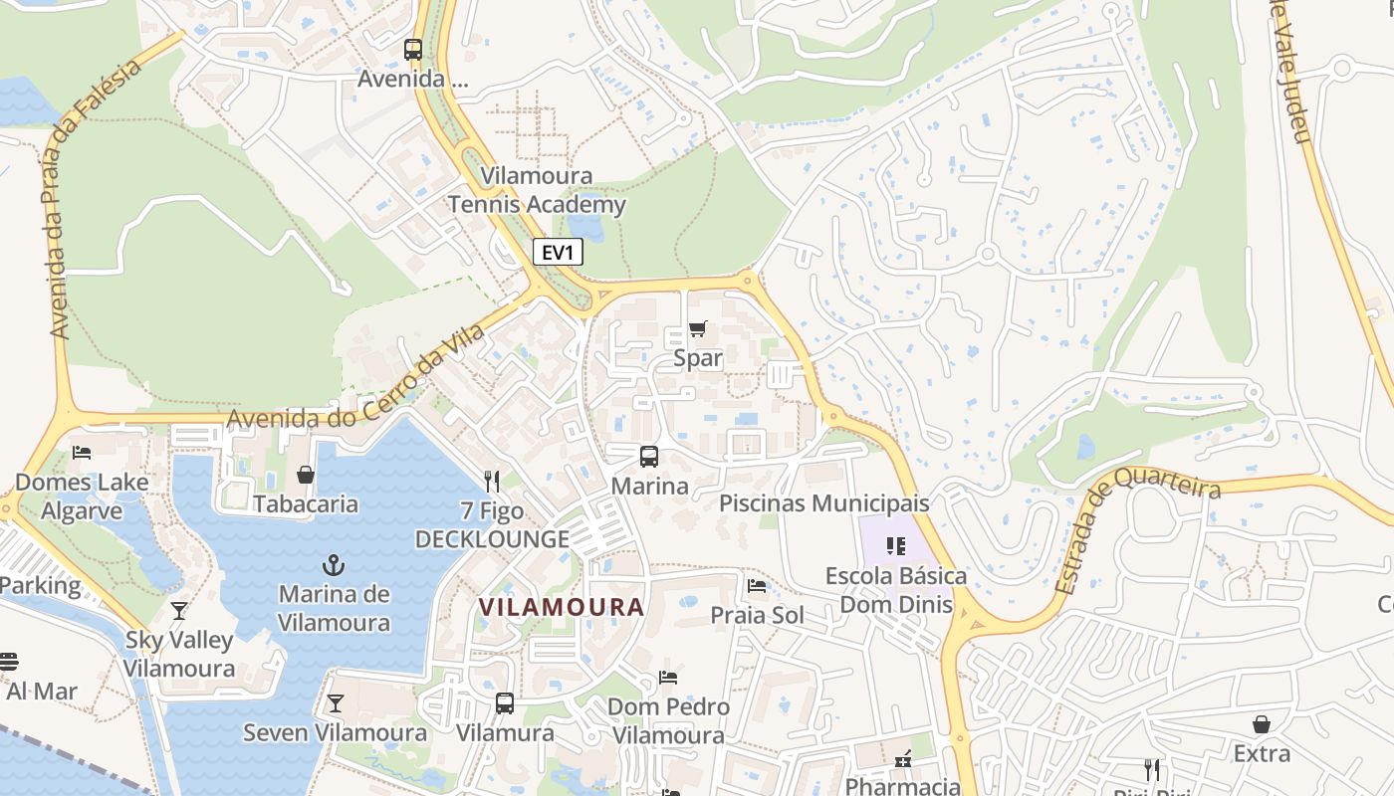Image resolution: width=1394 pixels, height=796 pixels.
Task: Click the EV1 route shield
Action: click(x=558, y=253)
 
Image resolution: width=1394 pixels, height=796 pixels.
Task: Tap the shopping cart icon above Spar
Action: click(x=698, y=328)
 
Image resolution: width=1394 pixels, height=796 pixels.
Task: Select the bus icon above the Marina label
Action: click(x=649, y=457)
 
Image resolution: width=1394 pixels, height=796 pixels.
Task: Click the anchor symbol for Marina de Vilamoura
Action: click(x=334, y=566)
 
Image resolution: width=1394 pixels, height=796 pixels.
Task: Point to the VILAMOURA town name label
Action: click(x=562, y=607)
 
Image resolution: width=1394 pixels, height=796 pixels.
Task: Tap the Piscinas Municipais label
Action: click(x=823, y=503)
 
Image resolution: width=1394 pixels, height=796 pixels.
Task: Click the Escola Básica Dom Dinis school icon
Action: click(x=896, y=545)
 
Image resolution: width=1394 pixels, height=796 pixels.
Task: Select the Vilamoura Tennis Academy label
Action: click(x=537, y=190)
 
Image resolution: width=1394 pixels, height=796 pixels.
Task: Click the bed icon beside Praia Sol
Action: click(x=757, y=586)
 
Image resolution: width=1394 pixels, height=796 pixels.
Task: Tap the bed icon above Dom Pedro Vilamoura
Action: click(x=668, y=678)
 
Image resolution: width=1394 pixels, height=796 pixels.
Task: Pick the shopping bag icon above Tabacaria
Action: click(x=306, y=475)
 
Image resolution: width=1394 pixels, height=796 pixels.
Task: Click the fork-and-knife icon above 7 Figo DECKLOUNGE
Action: click(x=491, y=482)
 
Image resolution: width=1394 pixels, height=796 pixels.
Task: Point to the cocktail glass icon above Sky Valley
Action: click(x=179, y=610)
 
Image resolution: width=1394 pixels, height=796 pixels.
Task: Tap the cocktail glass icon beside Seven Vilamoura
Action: click(x=336, y=703)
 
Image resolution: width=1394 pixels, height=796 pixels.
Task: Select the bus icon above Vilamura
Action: click(x=505, y=703)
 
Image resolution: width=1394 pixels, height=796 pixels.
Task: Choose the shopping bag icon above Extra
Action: click(x=1262, y=724)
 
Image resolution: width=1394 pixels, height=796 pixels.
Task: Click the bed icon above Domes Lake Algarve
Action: click(x=82, y=453)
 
